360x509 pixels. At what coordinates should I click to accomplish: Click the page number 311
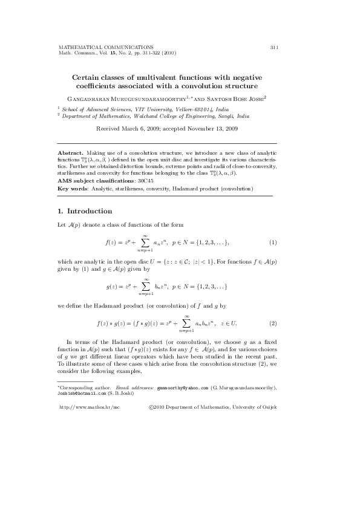[273, 47]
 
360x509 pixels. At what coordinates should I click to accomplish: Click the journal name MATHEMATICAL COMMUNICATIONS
[105, 47]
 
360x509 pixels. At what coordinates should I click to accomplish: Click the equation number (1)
[273, 242]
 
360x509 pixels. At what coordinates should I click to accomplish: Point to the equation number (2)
[273, 323]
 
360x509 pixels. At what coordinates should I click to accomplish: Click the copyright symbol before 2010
[152, 408]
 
